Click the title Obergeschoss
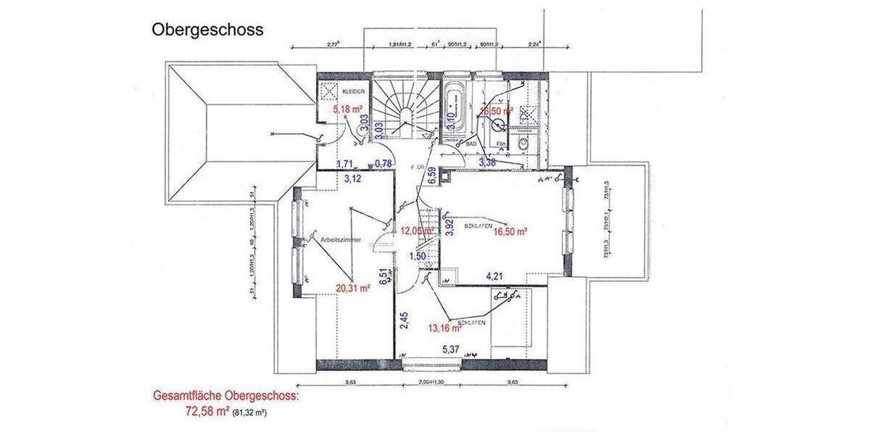[x=207, y=30]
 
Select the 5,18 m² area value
[x=347, y=109]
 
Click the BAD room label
[x=471, y=144]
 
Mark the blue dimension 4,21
[x=494, y=275]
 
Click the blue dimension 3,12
[x=352, y=178]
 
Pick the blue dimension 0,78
[x=384, y=164]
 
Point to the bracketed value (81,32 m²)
[x=254, y=413]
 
